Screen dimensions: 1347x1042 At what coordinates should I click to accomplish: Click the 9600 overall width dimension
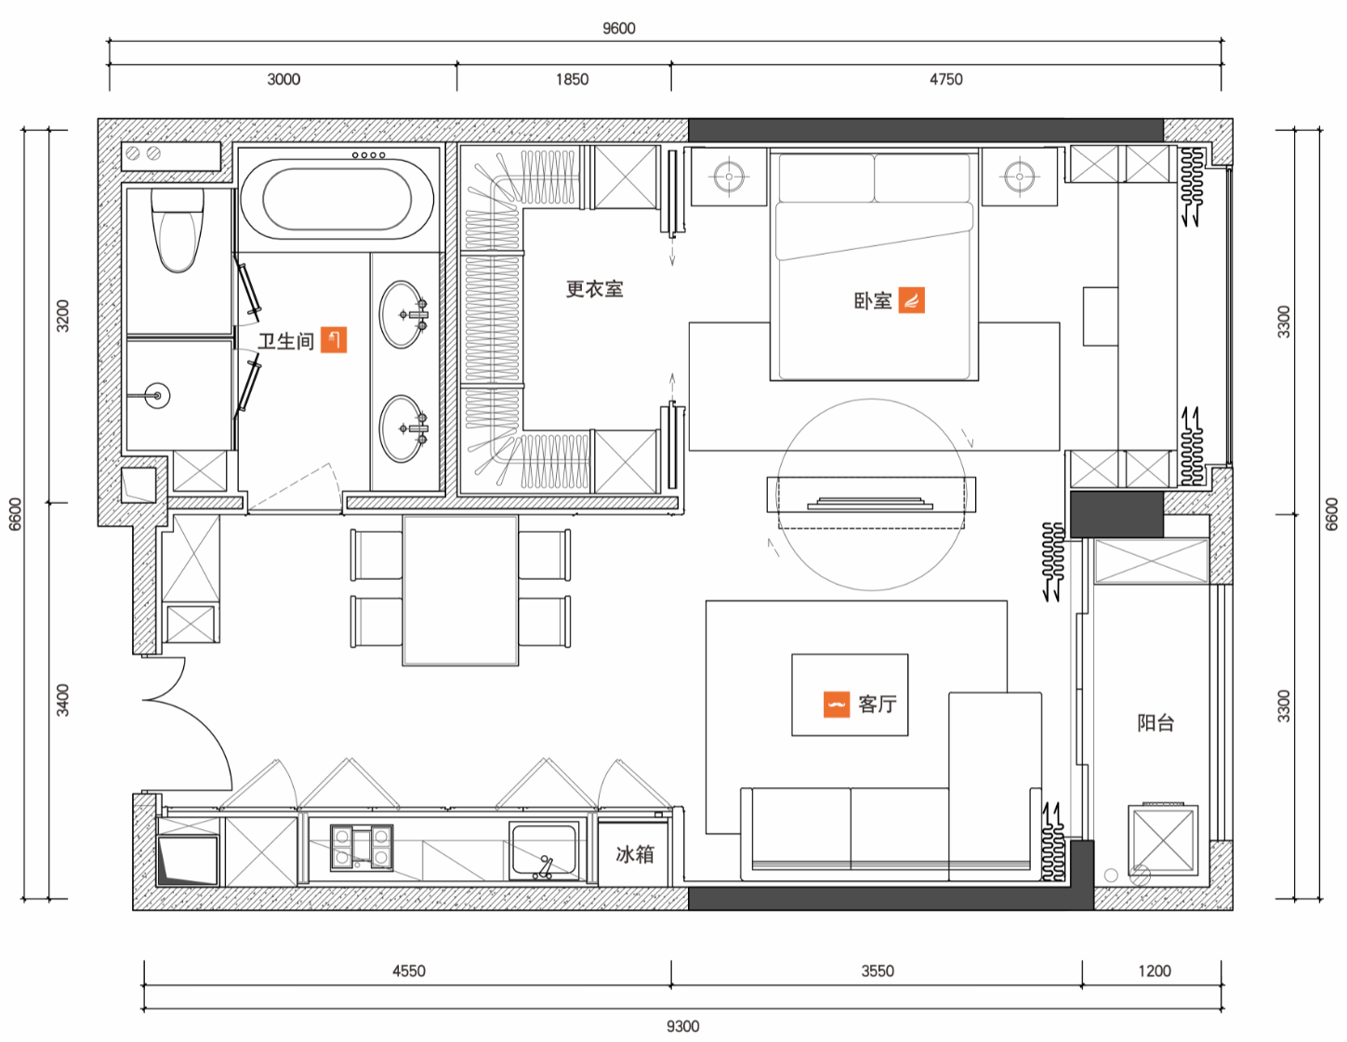618,29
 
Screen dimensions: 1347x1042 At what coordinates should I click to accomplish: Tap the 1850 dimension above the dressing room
572,79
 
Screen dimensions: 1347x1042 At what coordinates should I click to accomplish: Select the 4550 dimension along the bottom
408,970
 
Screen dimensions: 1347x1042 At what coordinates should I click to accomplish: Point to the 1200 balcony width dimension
1155,970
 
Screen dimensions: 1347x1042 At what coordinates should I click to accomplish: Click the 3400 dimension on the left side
62,700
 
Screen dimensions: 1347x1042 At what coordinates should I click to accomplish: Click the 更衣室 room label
594,289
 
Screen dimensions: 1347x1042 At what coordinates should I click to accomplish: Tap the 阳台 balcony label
1155,723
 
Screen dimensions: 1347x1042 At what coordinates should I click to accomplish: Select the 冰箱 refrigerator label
634,854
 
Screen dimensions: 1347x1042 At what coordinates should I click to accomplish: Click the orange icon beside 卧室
911,300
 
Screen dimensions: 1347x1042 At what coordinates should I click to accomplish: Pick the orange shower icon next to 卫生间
334,339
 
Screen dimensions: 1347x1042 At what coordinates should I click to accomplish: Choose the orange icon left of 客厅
837,705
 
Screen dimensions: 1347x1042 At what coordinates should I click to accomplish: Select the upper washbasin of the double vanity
403,314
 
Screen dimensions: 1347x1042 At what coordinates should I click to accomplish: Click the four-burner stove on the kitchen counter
362,848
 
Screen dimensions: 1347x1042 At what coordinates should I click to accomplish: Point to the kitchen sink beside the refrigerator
543,851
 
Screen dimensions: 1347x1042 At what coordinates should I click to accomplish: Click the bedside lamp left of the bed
729,177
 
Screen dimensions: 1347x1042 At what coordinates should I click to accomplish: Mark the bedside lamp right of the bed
1019,177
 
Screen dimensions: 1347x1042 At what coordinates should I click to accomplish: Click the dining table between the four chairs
460,590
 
